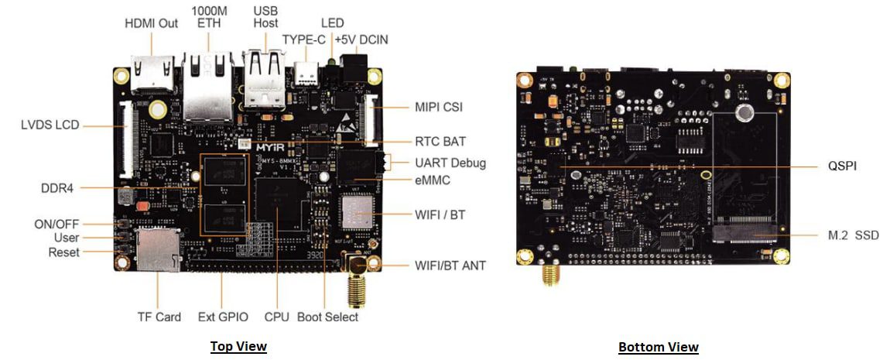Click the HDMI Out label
151,23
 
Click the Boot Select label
327,317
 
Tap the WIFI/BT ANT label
450,266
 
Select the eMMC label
433,180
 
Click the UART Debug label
450,163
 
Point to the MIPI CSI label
439,107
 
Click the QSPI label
840,166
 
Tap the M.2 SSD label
850,235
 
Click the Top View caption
238,346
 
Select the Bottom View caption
658,347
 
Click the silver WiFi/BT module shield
358,211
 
